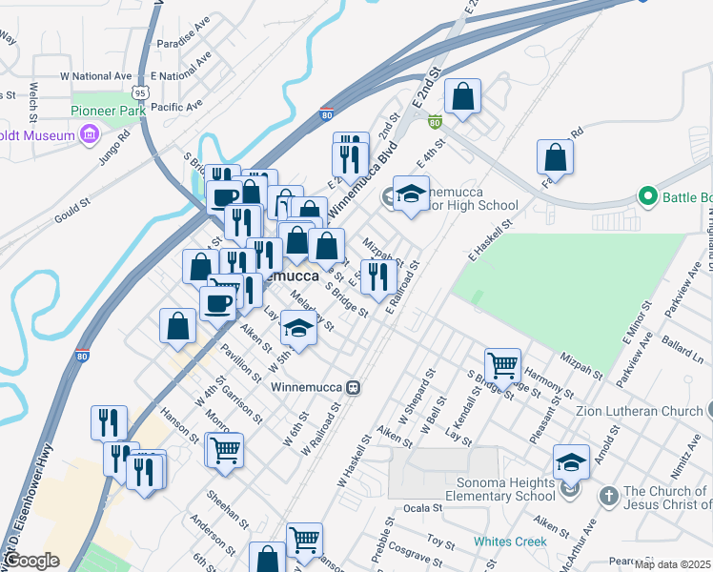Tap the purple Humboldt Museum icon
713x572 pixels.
(90, 134)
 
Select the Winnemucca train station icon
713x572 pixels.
(353, 388)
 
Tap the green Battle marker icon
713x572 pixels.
(648, 197)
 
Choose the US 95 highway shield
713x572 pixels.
(141, 92)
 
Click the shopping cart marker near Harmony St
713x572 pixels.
(502, 364)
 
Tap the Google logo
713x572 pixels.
(31, 561)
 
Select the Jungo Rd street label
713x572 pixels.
(113, 154)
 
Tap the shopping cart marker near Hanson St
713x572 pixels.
(226, 449)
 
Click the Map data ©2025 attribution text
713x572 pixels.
(673, 564)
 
